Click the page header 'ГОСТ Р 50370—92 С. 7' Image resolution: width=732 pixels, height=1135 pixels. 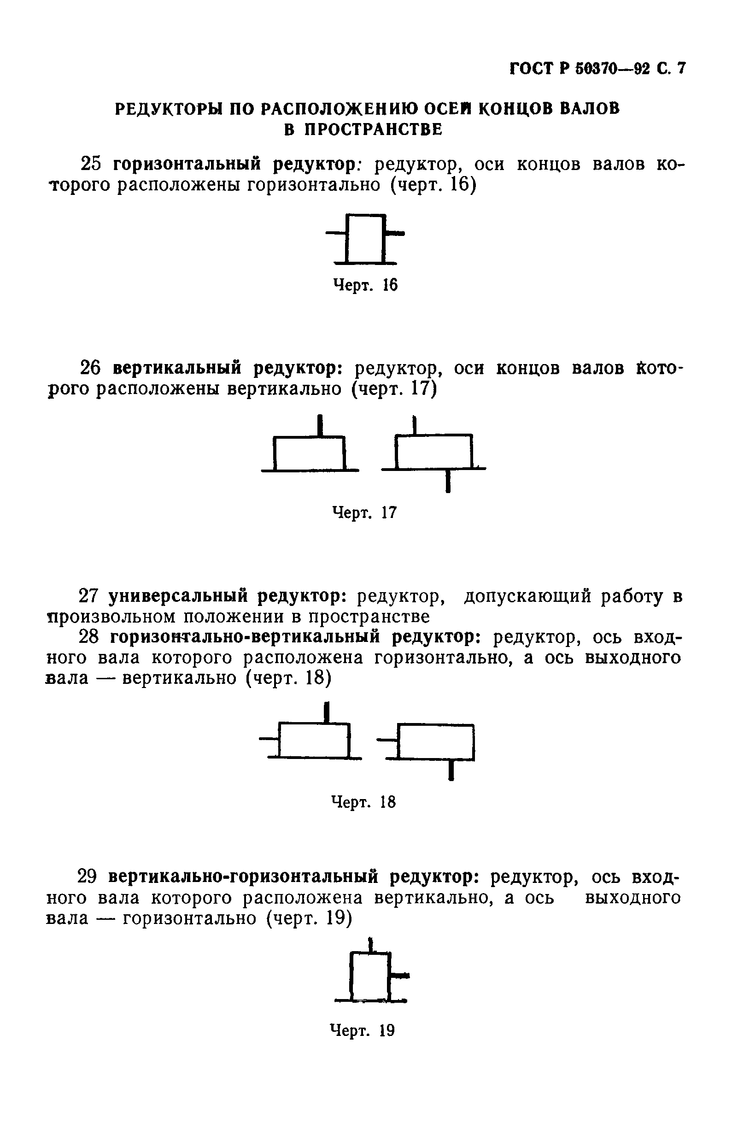598,69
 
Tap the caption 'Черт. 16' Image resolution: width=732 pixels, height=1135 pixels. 365,285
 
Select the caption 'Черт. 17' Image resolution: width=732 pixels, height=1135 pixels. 364,512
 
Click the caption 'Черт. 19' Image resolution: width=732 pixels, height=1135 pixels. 362,1030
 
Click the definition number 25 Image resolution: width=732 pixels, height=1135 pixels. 92,164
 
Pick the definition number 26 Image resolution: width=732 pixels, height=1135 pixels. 92,368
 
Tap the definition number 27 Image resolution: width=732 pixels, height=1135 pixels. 90,596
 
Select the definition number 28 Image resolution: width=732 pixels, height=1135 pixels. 90,637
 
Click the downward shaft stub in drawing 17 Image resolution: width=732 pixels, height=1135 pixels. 448,481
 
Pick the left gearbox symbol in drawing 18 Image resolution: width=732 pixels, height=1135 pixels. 314,741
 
